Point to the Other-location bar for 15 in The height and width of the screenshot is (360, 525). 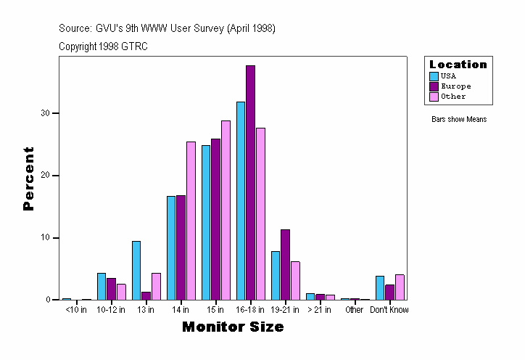point(226,210)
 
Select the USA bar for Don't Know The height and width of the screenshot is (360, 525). point(380,288)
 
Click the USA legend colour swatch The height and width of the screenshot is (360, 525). point(434,76)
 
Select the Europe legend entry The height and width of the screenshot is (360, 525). point(455,86)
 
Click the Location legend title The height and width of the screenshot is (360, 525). point(458,65)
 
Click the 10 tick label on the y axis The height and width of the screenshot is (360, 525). point(46,237)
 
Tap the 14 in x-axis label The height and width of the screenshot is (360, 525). point(181,310)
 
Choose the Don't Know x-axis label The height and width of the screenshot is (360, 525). point(390,310)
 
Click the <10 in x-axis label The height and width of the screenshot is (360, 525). point(76,310)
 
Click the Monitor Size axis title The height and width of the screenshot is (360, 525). point(233,327)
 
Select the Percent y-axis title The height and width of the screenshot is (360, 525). point(29,179)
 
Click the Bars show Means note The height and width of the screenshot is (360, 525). point(459,120)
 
